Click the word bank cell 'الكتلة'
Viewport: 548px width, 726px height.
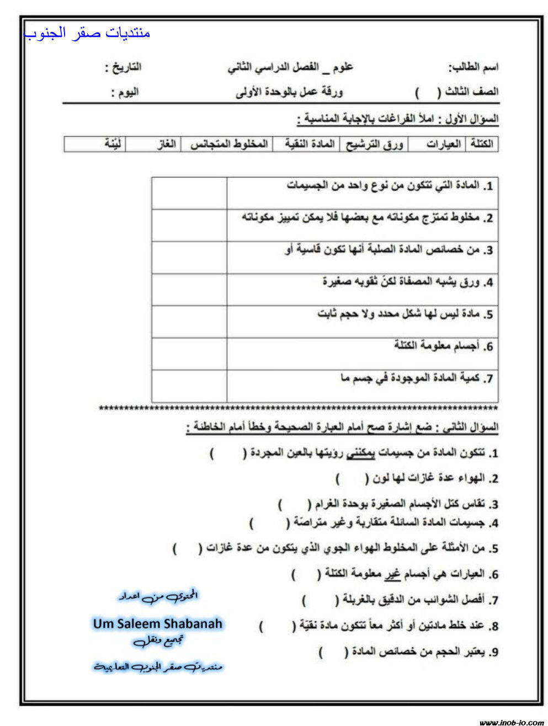[482, 144]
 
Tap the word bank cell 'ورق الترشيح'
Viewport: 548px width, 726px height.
[374, 144]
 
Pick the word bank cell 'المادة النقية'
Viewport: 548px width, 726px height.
[310, 144]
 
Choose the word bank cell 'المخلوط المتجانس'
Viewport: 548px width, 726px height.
[228, 144]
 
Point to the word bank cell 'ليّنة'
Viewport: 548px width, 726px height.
[114, 144]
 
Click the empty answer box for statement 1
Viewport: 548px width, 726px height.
[189, 193]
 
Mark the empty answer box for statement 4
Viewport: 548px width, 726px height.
[189, 290]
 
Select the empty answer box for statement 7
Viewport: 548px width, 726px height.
[189, 386]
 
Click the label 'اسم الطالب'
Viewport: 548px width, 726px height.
[473, 67]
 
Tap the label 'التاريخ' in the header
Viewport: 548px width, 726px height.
[124, 67]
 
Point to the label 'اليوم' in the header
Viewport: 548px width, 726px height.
[125, 92]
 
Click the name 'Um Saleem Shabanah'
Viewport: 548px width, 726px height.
[157, 624]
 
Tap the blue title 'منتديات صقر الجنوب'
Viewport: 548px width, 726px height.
[88, 33]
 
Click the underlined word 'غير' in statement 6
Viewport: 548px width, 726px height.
[393, 574]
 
